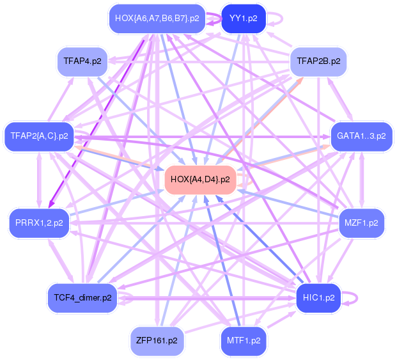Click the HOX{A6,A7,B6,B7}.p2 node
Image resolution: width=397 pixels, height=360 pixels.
pos(157,19)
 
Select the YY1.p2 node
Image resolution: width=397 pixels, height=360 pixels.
pos(243,19)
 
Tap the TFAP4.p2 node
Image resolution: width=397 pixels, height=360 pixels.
pos(81,61)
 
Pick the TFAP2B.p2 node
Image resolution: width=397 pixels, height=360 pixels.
pos(318,62)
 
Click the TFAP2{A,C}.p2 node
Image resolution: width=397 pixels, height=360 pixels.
pos(39,136)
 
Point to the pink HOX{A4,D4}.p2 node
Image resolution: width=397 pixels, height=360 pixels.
pos(200,179)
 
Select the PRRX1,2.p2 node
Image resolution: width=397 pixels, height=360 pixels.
pos(39,223)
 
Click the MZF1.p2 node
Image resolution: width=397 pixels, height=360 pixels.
pos(361,223)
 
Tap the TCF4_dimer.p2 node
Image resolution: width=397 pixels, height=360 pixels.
pos(82,297)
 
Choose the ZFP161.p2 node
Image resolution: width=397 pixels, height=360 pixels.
pos(157,340)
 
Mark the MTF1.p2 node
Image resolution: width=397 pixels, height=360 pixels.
pos(244,340)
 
